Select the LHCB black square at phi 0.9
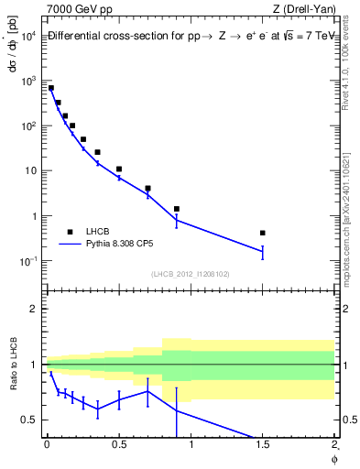tap(177, 209)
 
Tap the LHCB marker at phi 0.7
tap(147, 188)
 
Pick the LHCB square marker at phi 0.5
tap(119, 169)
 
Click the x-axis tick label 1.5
tap(263, 446)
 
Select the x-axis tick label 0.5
tap(119, 446)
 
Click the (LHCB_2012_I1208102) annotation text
tap(190, 274)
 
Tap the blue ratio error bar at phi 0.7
tap(147, 392)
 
